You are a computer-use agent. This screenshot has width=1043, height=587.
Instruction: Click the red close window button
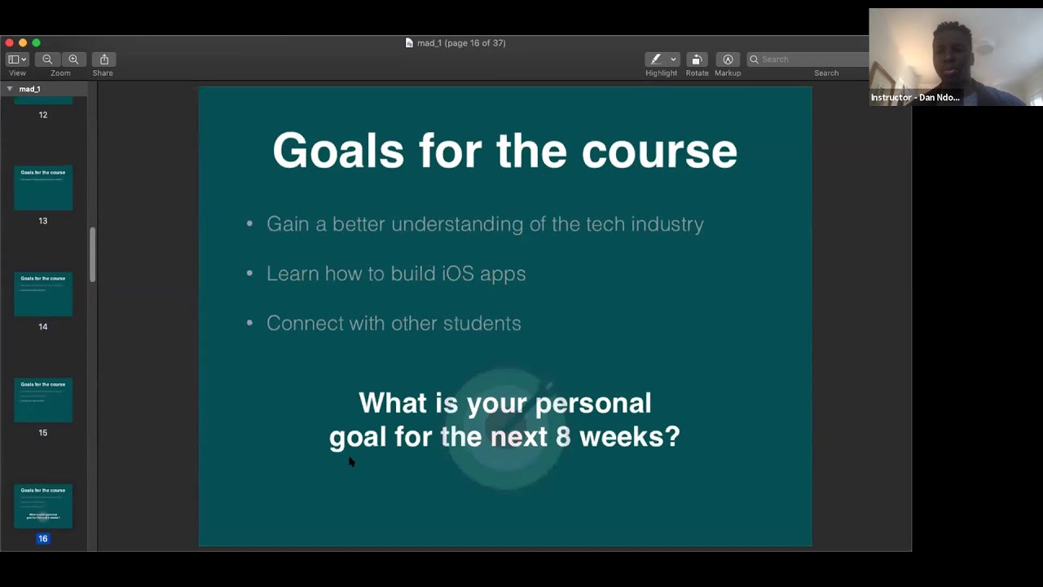(x=9, y=42)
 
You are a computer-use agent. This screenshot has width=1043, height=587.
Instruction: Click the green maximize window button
(x=36, y=42)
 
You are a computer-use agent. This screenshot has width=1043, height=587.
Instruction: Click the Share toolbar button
(x=104, y=60)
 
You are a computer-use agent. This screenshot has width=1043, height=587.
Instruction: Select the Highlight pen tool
(x=656, y=60)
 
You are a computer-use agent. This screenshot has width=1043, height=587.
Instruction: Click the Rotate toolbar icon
(x=697, y=60)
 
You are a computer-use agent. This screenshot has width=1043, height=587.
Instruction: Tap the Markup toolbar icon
(x=728, y=60)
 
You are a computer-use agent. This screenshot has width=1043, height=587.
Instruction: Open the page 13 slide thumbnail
(x=43, y=188)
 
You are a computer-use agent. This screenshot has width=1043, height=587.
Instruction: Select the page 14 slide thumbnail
(x=43, y=293)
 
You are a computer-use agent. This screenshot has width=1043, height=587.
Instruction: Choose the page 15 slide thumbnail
(x=43, y=399)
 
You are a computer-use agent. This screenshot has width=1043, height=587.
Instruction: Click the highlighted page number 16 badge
(x=43, y=539)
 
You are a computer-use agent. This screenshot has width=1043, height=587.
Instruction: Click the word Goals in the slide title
(x=337, y=152)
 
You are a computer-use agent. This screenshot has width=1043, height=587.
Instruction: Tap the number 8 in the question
(x=563, y=437)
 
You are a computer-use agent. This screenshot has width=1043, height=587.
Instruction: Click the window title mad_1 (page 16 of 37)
(x=460, y=43)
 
